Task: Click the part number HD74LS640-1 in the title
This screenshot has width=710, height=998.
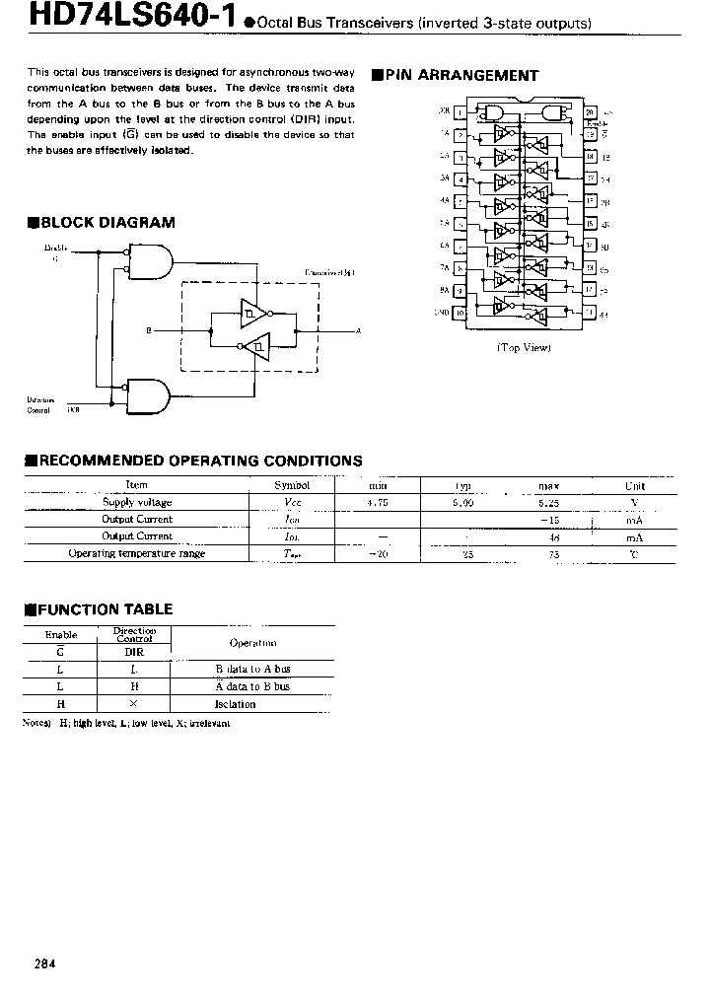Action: coord(117,19)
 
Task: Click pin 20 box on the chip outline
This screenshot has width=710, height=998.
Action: coord(590,112)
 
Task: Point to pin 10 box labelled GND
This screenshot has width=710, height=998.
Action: coord(460,313)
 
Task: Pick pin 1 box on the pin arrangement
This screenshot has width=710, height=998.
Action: coord(460,112)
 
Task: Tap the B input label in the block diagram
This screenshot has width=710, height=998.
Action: coord(148,331)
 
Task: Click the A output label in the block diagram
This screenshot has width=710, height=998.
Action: coord(359,331)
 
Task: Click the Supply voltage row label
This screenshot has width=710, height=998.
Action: coord(137,502)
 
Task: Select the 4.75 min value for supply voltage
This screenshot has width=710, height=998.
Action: coord(378,502)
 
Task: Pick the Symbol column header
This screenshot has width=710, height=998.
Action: coord(292,485)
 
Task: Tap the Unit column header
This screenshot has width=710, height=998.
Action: coord(634,485)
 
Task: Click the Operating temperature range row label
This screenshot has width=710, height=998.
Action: coord(136,553)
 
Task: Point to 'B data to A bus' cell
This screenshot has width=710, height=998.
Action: coord(252,669)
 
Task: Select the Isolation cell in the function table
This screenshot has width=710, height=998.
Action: coord(236,704)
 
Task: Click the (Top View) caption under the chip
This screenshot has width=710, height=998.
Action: coord(523,347)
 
